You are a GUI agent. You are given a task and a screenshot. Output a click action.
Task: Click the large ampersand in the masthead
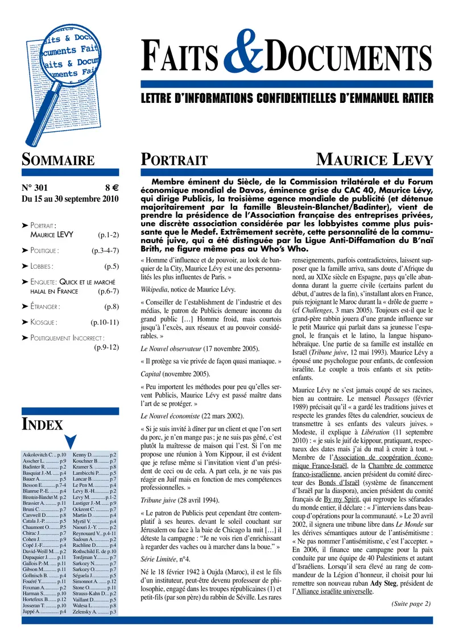coord(244,65)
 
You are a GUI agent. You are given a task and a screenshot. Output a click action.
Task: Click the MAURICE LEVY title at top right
coord(374,160)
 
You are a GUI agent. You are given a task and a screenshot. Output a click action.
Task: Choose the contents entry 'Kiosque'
coord(44,322)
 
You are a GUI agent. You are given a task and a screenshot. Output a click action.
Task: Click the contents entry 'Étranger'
coord(45,306)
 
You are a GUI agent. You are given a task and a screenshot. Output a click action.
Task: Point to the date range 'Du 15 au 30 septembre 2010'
coord(69,199)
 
